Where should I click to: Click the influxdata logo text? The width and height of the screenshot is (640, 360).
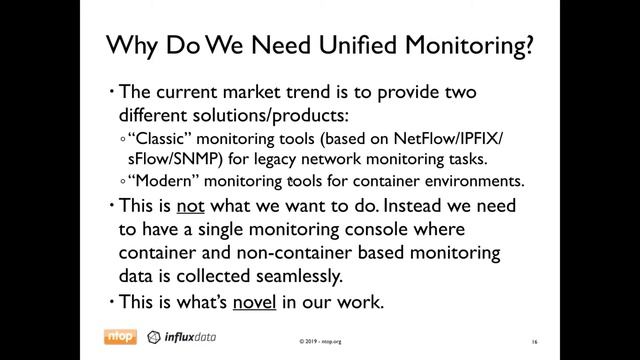click(x=189, y=337)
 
